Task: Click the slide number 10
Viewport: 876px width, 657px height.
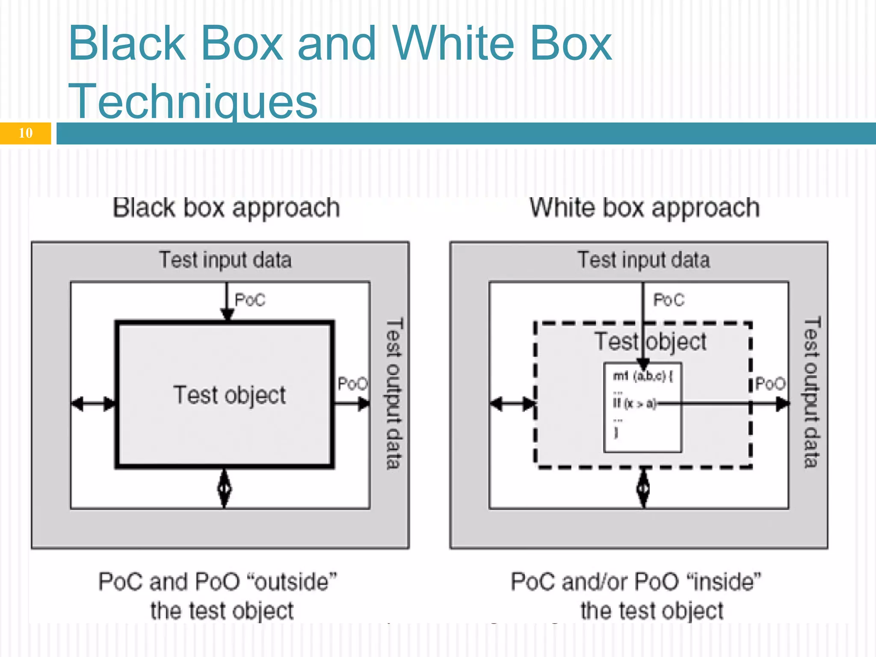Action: tap(26, 133)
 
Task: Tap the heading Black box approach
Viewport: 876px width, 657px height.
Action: tap(226, 208)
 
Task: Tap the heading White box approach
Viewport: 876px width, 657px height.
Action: tap(645, 208)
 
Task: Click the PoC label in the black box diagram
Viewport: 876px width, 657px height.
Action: tap(250, 300)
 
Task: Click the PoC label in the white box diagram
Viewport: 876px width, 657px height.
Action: tap(669, 300)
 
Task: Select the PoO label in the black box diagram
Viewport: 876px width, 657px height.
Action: tap(352, 384)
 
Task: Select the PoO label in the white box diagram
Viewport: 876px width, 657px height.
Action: tap(770, 384)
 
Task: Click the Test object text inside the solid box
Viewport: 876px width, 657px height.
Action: tap(230, 395)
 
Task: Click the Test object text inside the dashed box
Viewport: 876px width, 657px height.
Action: tap(651, 342)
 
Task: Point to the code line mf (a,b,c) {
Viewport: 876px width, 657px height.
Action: tap(643, 376)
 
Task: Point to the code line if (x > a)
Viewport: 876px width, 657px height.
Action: tap(634, 403)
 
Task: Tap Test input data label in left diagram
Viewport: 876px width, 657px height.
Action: tap(225, 260)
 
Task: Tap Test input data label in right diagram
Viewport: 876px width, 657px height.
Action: tap(644, 260)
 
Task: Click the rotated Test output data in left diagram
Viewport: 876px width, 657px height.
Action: tap(394, 394)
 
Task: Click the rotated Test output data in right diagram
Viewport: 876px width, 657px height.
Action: tap(812, 393)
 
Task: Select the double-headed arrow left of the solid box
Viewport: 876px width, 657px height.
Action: tap(93, 403)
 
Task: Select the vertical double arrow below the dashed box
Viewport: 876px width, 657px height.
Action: tap(644, 488)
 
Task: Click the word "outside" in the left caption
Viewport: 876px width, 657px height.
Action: tap(293, 582)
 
